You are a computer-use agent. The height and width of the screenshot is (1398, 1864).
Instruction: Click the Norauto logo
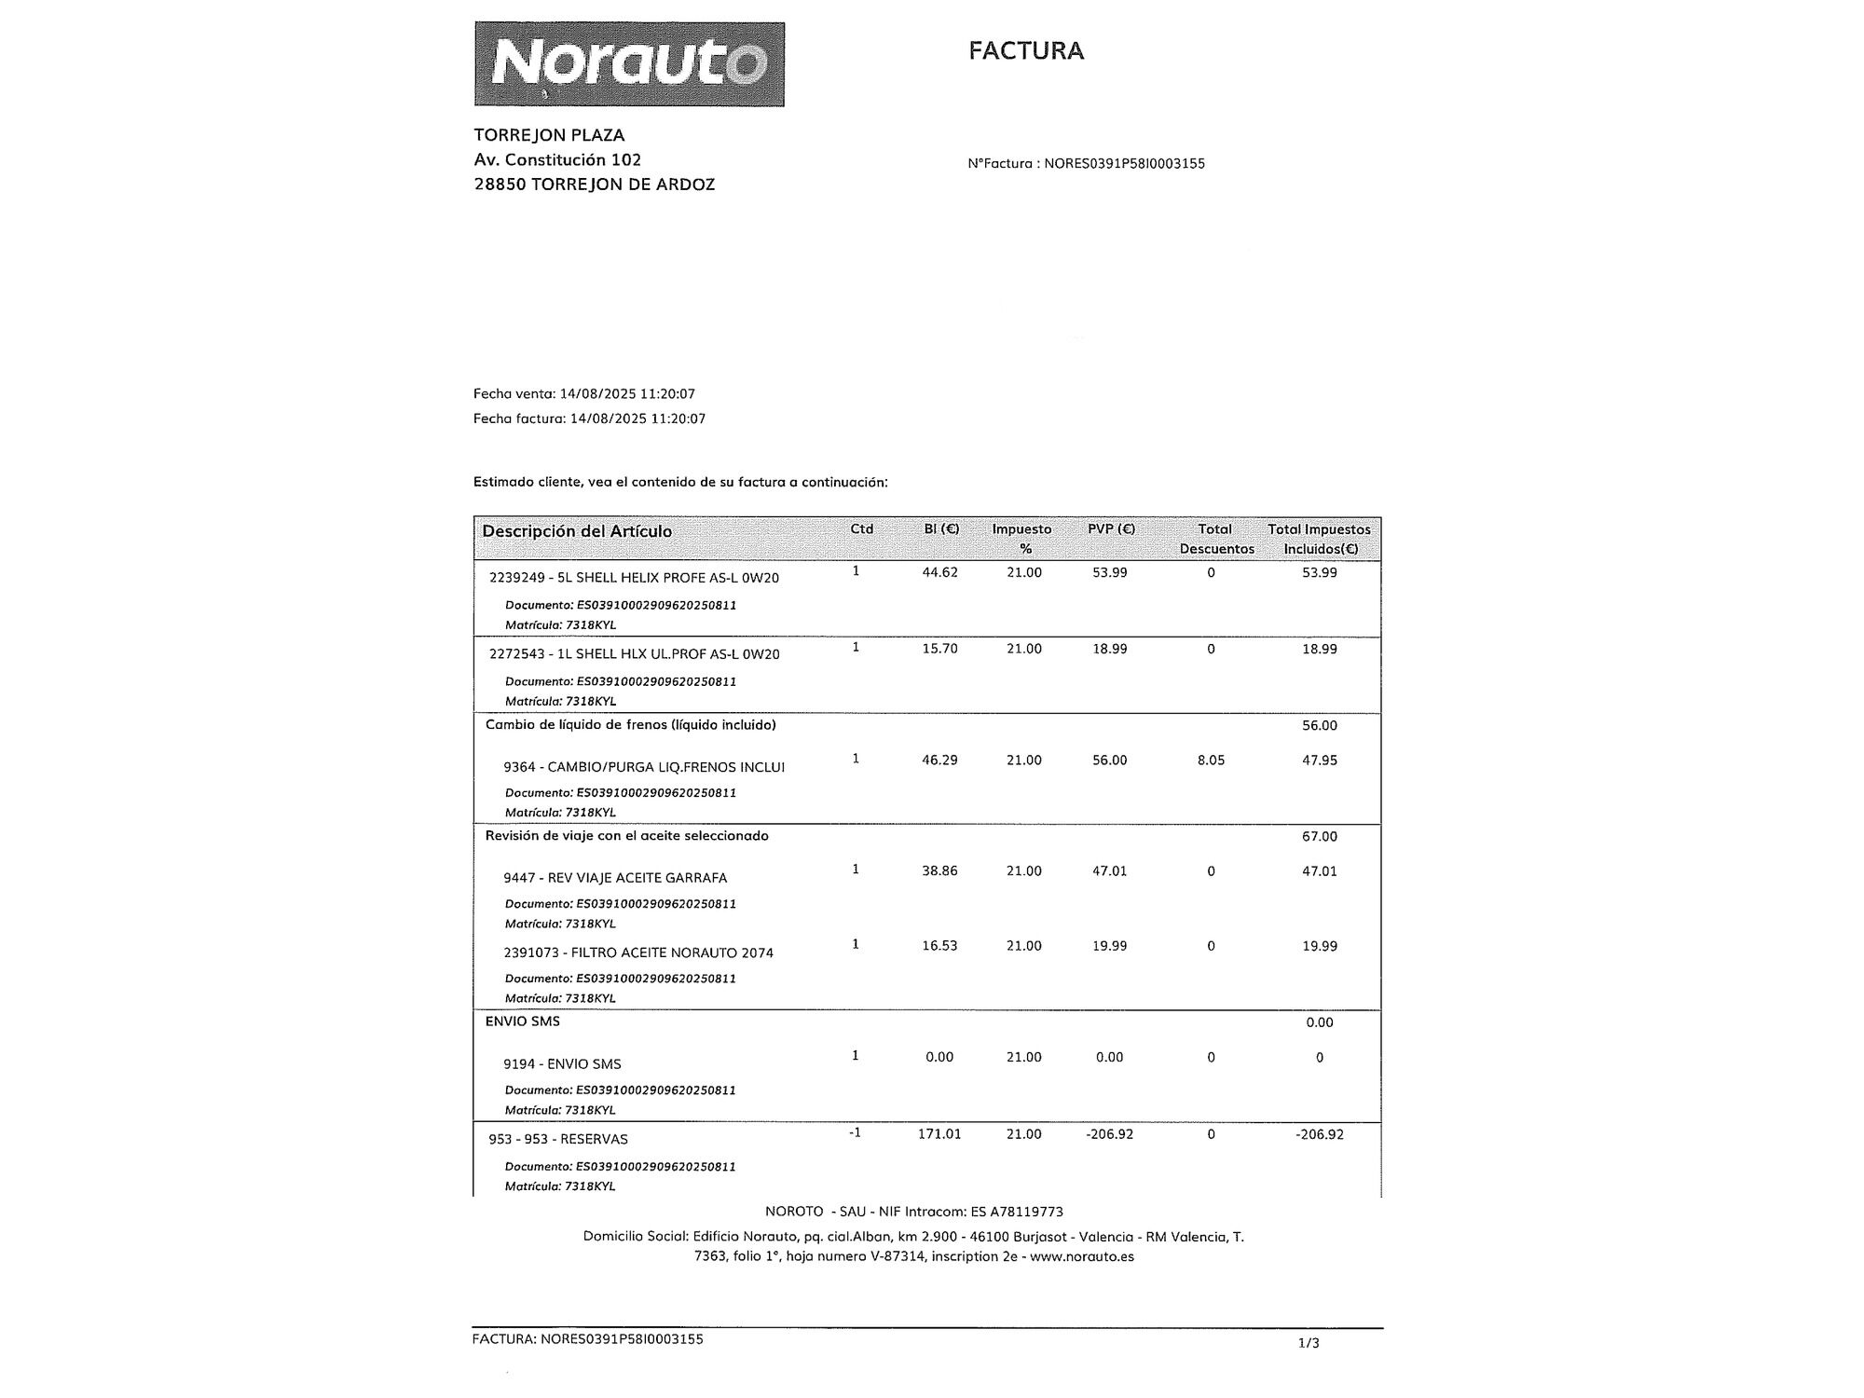point(629,64)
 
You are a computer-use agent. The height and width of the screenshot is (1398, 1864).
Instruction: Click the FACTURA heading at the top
point(1025,50)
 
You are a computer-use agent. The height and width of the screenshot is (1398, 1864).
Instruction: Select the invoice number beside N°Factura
point(1124,164)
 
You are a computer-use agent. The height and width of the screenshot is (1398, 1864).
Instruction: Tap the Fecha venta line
point(583,394)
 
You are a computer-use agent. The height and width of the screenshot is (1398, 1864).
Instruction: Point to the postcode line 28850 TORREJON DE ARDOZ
point(594,185)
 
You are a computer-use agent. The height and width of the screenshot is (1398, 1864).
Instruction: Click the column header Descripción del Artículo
point(576,531)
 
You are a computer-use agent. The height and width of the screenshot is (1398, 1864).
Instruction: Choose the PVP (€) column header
point(1111,529)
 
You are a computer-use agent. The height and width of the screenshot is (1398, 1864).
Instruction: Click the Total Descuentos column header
point(1216,539)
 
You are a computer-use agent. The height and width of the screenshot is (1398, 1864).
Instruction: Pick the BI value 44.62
point(939,572)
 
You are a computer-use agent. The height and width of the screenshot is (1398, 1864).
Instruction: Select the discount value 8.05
point(1211,761)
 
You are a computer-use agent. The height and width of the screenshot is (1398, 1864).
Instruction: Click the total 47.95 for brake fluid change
point(1319,761)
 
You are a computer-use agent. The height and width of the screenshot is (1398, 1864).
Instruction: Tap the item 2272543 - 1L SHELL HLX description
point(634,654)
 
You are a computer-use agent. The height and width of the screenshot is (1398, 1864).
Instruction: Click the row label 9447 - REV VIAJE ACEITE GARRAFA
point(615,878)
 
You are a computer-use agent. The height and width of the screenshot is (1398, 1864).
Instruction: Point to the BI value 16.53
point(939,946)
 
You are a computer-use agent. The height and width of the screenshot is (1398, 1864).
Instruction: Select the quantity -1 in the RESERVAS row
point(855,1133)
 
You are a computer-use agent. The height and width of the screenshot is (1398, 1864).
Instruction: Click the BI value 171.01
point(939,1134)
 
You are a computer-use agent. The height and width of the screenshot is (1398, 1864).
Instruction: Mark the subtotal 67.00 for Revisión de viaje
point(1319,837)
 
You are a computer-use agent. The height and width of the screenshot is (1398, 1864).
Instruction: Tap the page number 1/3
point(1309,1343)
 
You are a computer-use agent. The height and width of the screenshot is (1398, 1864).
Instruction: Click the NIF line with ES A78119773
point(913,1212)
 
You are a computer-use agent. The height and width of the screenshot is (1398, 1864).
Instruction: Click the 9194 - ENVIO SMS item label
point(562,1064)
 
